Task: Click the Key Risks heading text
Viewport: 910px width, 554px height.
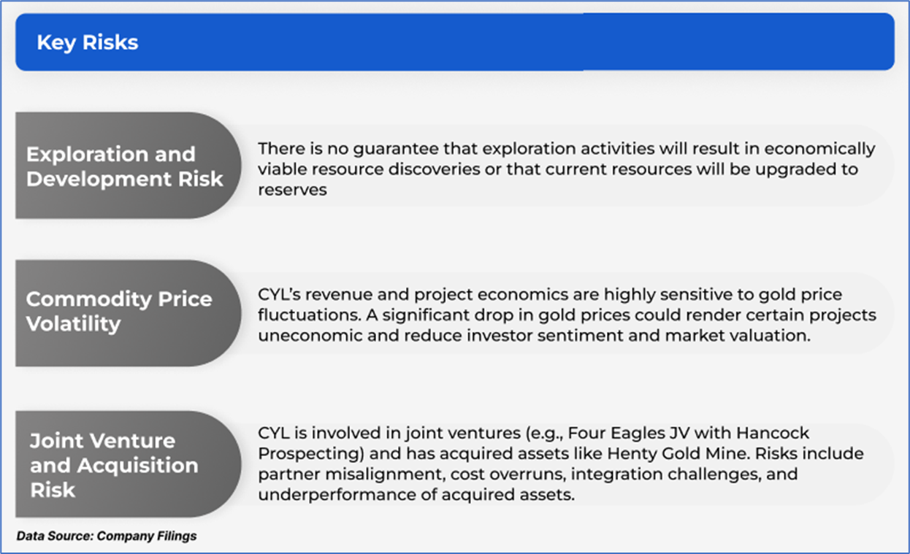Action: tap(88, 42)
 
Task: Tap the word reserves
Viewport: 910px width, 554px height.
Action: tap(292, 190)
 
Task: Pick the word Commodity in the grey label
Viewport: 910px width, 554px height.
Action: tap(89, 300)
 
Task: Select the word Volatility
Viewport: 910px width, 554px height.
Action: tap(73, 324)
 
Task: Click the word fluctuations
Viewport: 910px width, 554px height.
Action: tap(310, 315)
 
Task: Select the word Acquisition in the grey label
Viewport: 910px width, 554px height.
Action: tap(138, 466)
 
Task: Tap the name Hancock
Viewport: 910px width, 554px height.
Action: tap(773, 434)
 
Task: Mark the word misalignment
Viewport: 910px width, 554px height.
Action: tap(385, 474)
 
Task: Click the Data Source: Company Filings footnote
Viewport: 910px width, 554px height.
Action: tap(107, 536)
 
